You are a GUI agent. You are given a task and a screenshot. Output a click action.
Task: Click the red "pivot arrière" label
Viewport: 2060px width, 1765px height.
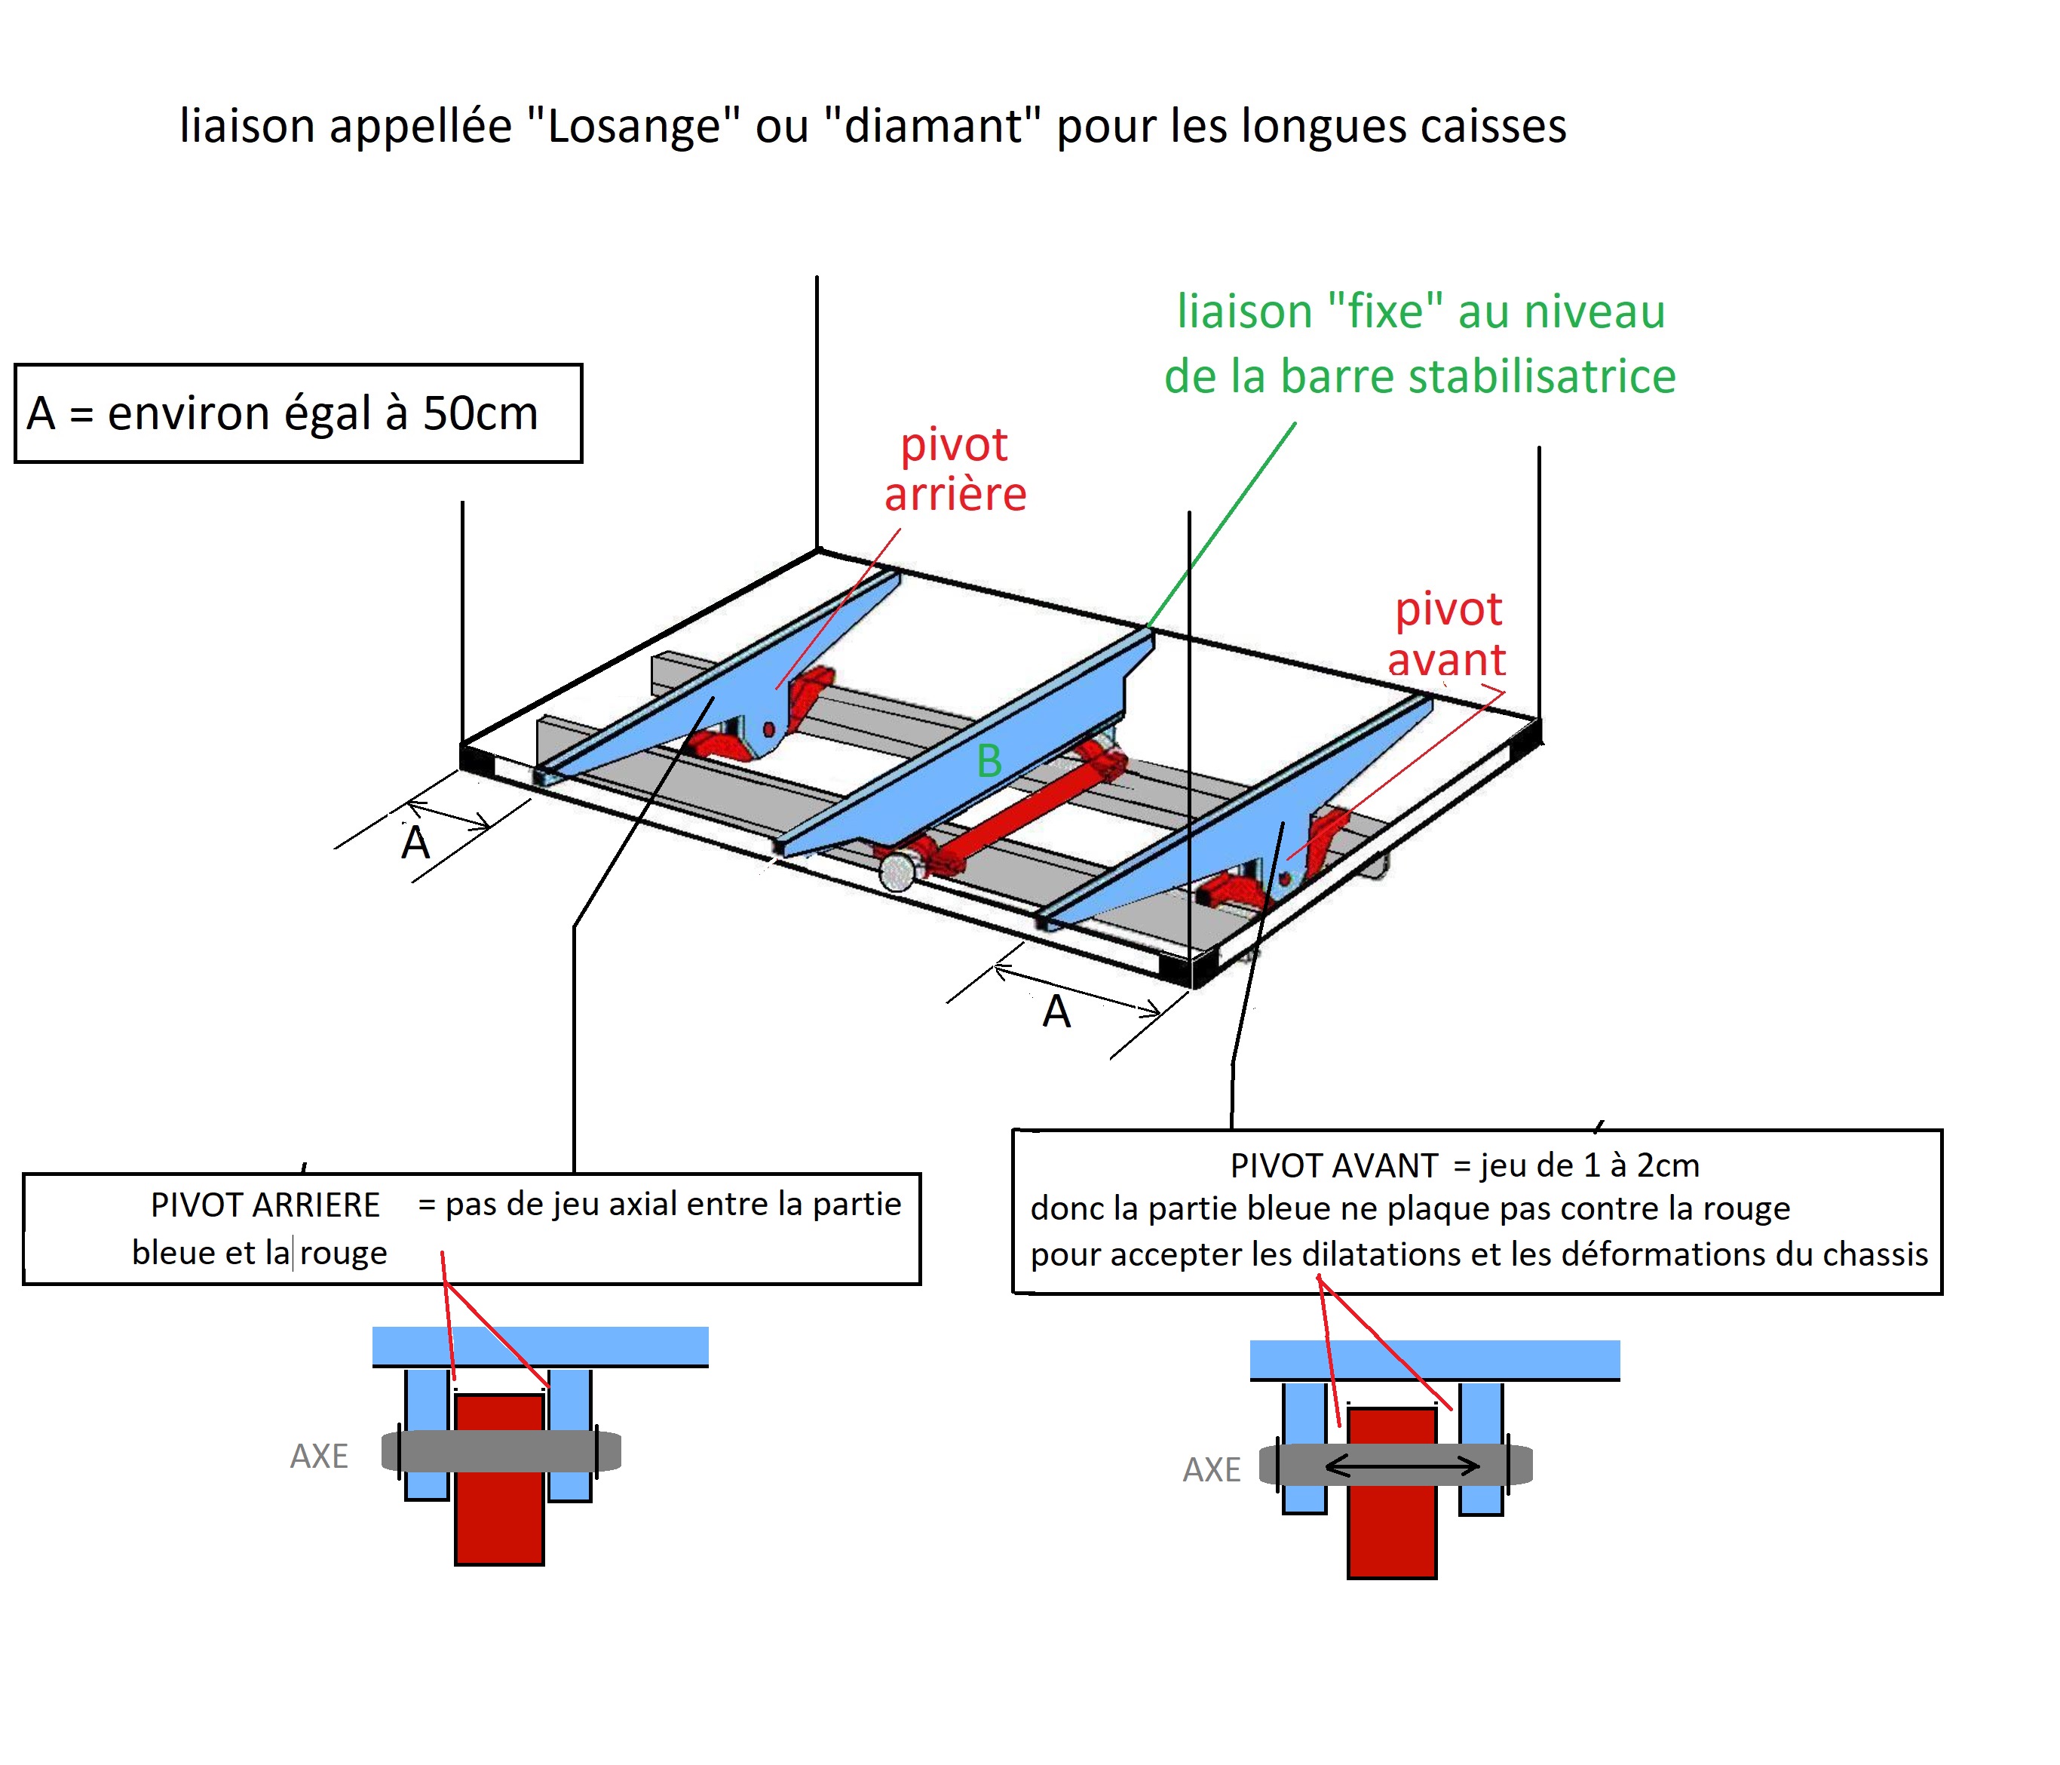pos(955,469)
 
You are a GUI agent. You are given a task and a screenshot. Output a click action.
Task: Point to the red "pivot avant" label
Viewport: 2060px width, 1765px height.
pos(1448,634)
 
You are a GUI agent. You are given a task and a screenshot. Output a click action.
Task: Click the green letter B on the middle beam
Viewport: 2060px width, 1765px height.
pos(989,762)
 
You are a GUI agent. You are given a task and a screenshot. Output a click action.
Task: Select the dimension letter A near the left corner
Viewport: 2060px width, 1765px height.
pos(415,844)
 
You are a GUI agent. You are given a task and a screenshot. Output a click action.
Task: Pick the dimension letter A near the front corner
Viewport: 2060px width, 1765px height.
pos(1056,1013)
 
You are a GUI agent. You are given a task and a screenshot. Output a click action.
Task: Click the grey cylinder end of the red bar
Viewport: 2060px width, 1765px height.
pos(897,872)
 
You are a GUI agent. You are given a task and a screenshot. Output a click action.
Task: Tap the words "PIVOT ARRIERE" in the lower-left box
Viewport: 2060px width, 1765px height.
pos(265,1205)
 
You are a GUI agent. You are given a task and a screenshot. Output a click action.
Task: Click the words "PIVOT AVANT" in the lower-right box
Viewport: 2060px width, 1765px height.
pos(1333,1165)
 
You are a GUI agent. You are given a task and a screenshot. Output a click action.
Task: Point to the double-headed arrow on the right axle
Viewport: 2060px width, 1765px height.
pos(1402,1465)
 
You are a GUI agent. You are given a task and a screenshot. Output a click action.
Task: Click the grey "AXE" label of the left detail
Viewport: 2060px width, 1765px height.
pos(319,1456)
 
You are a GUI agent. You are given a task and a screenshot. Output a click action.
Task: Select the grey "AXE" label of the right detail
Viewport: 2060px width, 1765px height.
pos(1211,1469)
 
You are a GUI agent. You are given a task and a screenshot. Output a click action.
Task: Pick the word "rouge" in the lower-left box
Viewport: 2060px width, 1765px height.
pos(343,1253)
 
